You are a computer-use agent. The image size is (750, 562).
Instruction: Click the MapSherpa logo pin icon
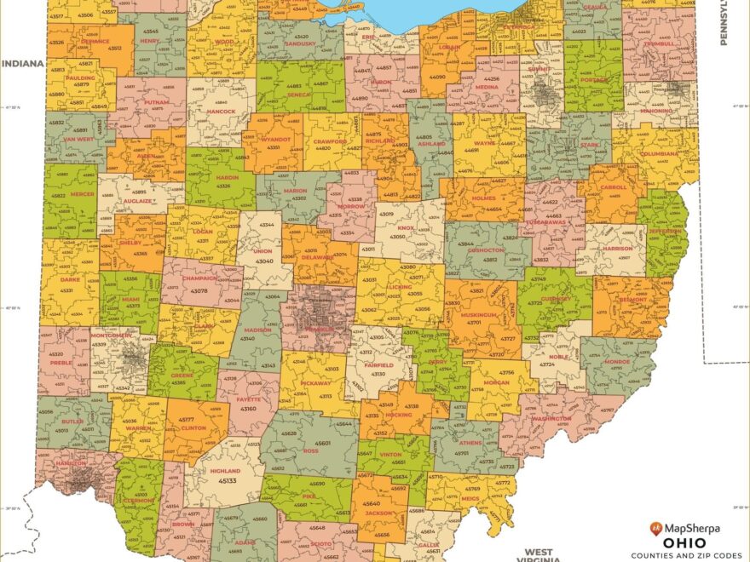[x=656, y=529]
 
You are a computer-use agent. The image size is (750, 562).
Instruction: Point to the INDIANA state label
[x=22, y=63]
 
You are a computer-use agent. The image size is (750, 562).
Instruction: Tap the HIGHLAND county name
[x=226, y=470]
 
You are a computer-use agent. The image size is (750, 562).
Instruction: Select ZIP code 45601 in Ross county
[x=323, y=443]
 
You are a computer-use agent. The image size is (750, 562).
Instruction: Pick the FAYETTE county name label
[x=250, y=399]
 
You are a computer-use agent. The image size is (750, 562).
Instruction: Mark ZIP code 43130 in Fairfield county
[x=378, y=373]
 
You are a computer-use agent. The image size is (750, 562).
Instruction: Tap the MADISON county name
[x=257, y=330]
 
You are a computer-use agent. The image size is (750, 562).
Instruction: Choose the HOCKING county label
[x=398, y=415]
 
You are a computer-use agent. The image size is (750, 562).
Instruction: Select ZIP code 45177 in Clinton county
[x=187, y=419]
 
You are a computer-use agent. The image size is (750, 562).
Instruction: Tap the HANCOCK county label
[x=221, y=112]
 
